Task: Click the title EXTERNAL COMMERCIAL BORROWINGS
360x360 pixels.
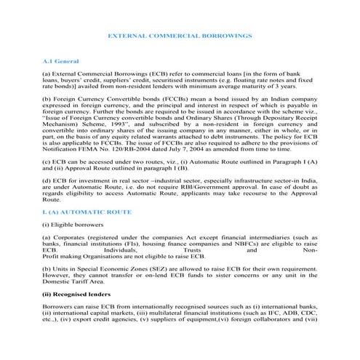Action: pyautogui.click(x=180, y=35)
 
